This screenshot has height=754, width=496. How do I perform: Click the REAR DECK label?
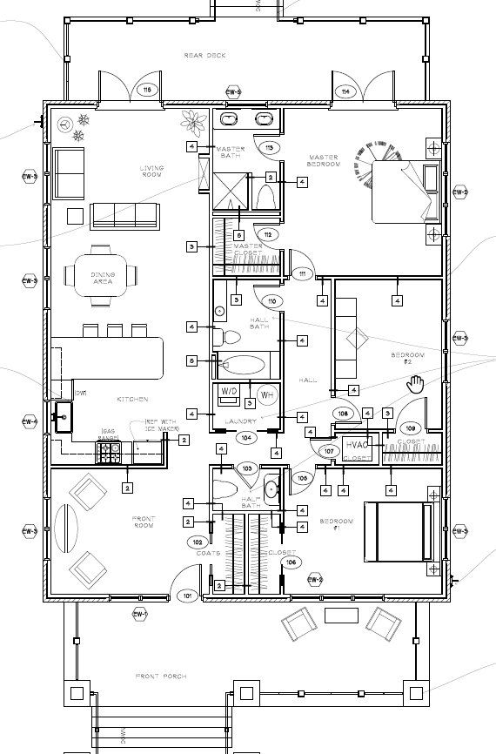point(204,56)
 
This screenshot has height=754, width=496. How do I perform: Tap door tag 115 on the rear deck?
point(146,91)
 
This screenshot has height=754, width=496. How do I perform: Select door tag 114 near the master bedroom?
point(345,91)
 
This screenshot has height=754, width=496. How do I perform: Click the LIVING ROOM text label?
point(151,172)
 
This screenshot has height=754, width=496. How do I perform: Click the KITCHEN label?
point(133,400)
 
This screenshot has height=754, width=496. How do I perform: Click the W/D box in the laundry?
point(230,391)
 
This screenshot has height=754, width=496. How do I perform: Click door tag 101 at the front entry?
point(186,596)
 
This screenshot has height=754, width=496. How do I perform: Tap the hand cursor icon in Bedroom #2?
point(416,383)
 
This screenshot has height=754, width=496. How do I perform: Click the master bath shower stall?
point(231,191)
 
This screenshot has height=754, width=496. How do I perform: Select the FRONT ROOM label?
point(144,523)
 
